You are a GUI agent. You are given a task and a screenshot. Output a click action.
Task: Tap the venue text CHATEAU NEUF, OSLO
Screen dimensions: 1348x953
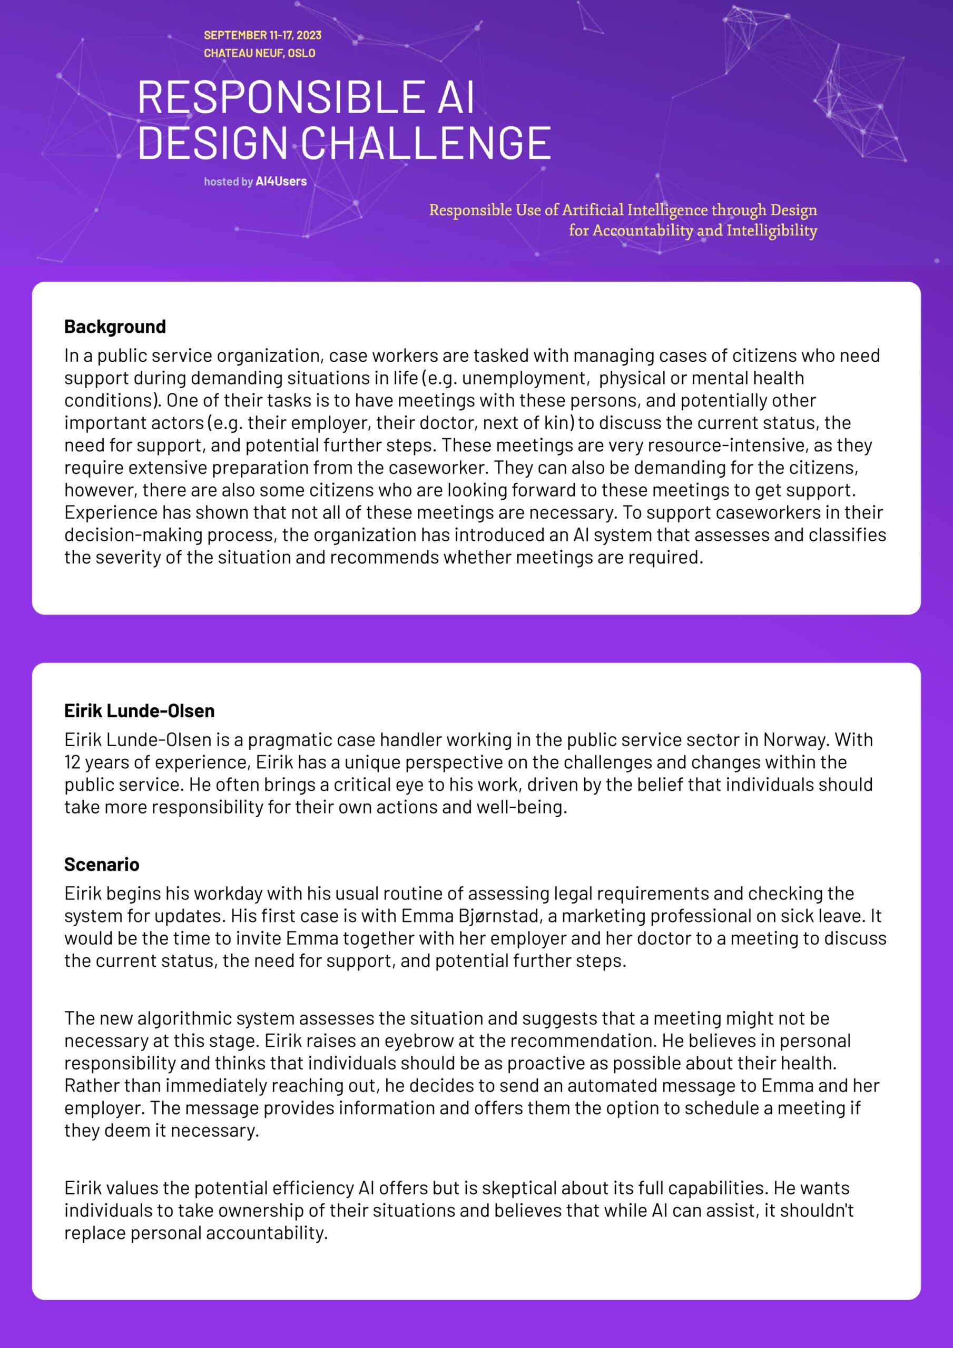tap(259, 53)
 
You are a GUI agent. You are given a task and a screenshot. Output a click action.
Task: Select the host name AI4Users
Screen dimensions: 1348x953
tap(281, 182)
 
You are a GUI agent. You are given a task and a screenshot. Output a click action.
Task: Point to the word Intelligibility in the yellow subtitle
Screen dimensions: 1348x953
tap(771, 230)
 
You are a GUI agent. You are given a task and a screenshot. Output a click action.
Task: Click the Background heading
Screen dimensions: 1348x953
tap(115, 326)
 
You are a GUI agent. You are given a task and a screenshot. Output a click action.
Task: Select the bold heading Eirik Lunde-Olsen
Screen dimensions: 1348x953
tap(139, 710)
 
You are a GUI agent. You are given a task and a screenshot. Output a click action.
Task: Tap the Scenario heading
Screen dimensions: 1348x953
tap(102, 864)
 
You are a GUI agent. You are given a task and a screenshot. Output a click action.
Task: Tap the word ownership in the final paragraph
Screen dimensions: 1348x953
tap(240, 1210)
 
